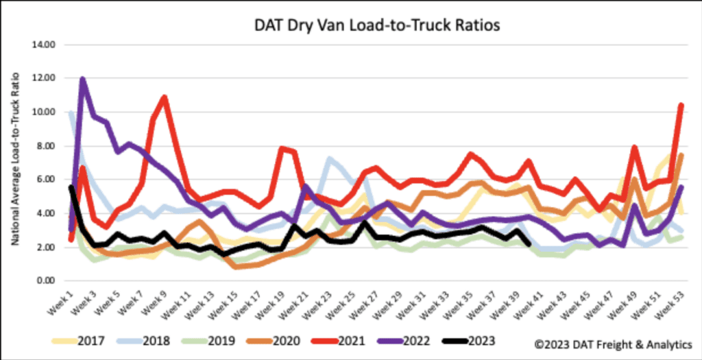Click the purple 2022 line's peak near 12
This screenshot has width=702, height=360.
pos(83,79)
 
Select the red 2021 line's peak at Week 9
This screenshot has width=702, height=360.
pos(165,97)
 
